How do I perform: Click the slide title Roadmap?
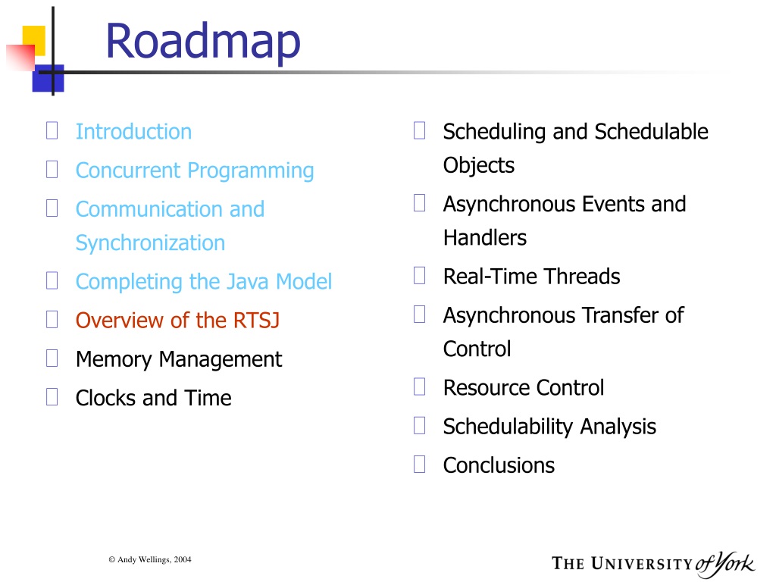[203, 42]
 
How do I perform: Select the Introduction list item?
[133, 132]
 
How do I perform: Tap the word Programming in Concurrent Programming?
[251, 171]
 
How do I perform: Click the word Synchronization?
[151, 243]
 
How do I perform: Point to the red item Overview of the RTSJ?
[177, 321]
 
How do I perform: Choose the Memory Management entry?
[179, 360]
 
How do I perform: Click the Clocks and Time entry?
[153, 398]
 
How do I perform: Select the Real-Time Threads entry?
[531, 276]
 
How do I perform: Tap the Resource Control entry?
[524, 387]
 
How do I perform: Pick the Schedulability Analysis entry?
[549, 427]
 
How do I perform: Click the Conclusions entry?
[499, 465]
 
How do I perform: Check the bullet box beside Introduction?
[52, 130]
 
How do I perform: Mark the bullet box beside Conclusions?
[419, 465]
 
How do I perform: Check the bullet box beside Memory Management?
[52, 358]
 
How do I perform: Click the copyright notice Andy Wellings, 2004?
[150, 560]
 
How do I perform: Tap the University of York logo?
[653, 564]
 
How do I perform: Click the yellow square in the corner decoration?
[34, 39]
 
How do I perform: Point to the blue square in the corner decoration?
[48, 78]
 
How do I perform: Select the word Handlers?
[485, 237]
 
